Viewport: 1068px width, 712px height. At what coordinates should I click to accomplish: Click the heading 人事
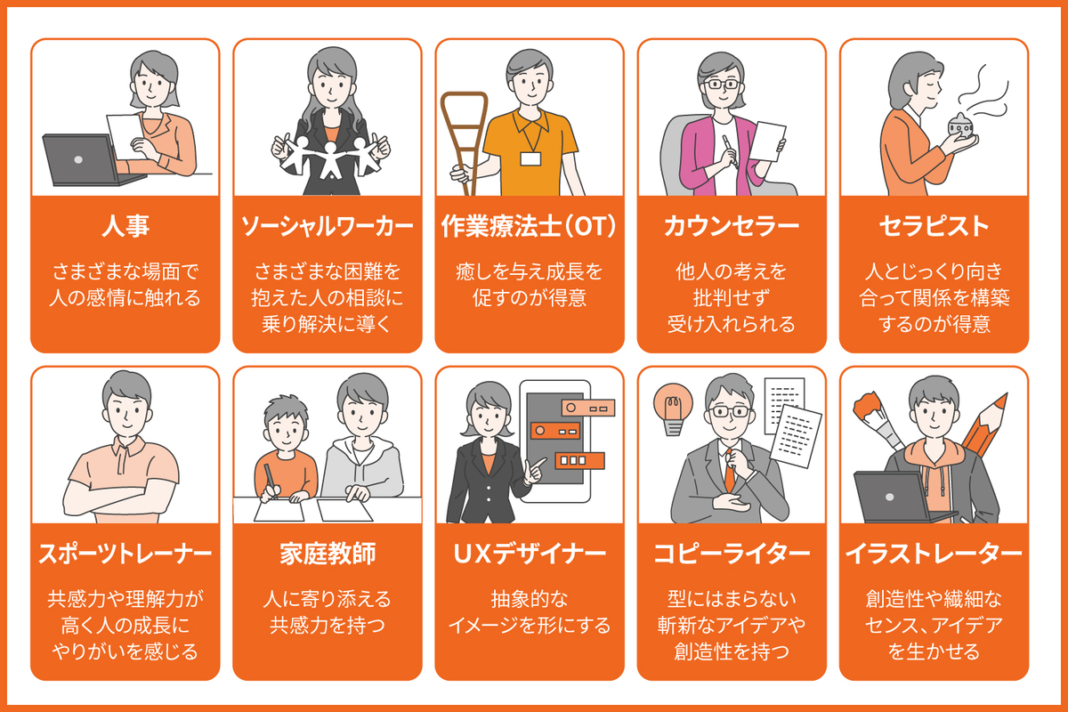(x=125, y=227)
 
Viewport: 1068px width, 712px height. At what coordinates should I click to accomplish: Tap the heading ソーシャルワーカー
(x=328, y=227)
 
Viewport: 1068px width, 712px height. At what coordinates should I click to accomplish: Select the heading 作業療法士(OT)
(x=529, y=227)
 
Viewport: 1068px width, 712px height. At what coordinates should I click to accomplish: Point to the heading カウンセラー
(x=732, y=227)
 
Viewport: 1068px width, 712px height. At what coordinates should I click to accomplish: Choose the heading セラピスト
(x=934, y=227)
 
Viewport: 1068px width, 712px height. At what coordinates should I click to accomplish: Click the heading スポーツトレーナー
(x=125, y=554)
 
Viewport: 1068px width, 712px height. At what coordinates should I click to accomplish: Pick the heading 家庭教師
(x=328, y=554)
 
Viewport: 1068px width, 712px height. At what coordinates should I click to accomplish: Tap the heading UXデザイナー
(x=529, y=554)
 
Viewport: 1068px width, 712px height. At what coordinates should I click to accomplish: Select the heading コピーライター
(x=732, y=554)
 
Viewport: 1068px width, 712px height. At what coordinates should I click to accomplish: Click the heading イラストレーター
(x=934, y=554)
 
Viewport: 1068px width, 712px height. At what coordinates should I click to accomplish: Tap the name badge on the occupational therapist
(x=530, y=158)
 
